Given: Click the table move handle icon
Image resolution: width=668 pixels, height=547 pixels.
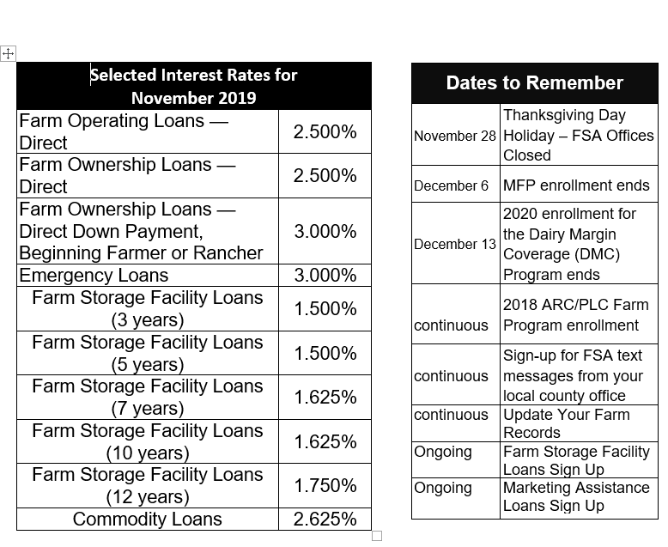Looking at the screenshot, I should (9, 53).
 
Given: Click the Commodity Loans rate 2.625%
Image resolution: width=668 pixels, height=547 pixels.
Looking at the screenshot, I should (325, 519).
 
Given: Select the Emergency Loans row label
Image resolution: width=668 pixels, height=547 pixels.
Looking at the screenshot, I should (94, 275).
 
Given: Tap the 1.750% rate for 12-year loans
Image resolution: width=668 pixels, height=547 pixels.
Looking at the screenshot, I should (325, 485).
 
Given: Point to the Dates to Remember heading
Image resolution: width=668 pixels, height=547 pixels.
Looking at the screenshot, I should (534, 82).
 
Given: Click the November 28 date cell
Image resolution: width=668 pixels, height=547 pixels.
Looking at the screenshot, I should (455, 136).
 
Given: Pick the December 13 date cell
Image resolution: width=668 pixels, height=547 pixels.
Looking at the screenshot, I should (455, 244).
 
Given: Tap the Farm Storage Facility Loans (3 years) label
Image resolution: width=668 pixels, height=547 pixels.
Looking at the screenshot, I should (147, 308).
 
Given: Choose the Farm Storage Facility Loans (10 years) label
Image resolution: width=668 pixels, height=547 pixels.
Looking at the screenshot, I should (147, 441).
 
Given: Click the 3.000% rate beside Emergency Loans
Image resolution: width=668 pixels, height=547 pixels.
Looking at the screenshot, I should (325, 275).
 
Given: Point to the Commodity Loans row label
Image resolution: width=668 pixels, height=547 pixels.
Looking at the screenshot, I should (147, 519).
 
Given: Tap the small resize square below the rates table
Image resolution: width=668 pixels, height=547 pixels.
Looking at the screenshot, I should (376, 536).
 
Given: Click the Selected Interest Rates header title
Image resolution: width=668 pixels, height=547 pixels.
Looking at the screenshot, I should (194, 86).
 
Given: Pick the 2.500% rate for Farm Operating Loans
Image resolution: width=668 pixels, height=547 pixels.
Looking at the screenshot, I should (325, 131).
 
